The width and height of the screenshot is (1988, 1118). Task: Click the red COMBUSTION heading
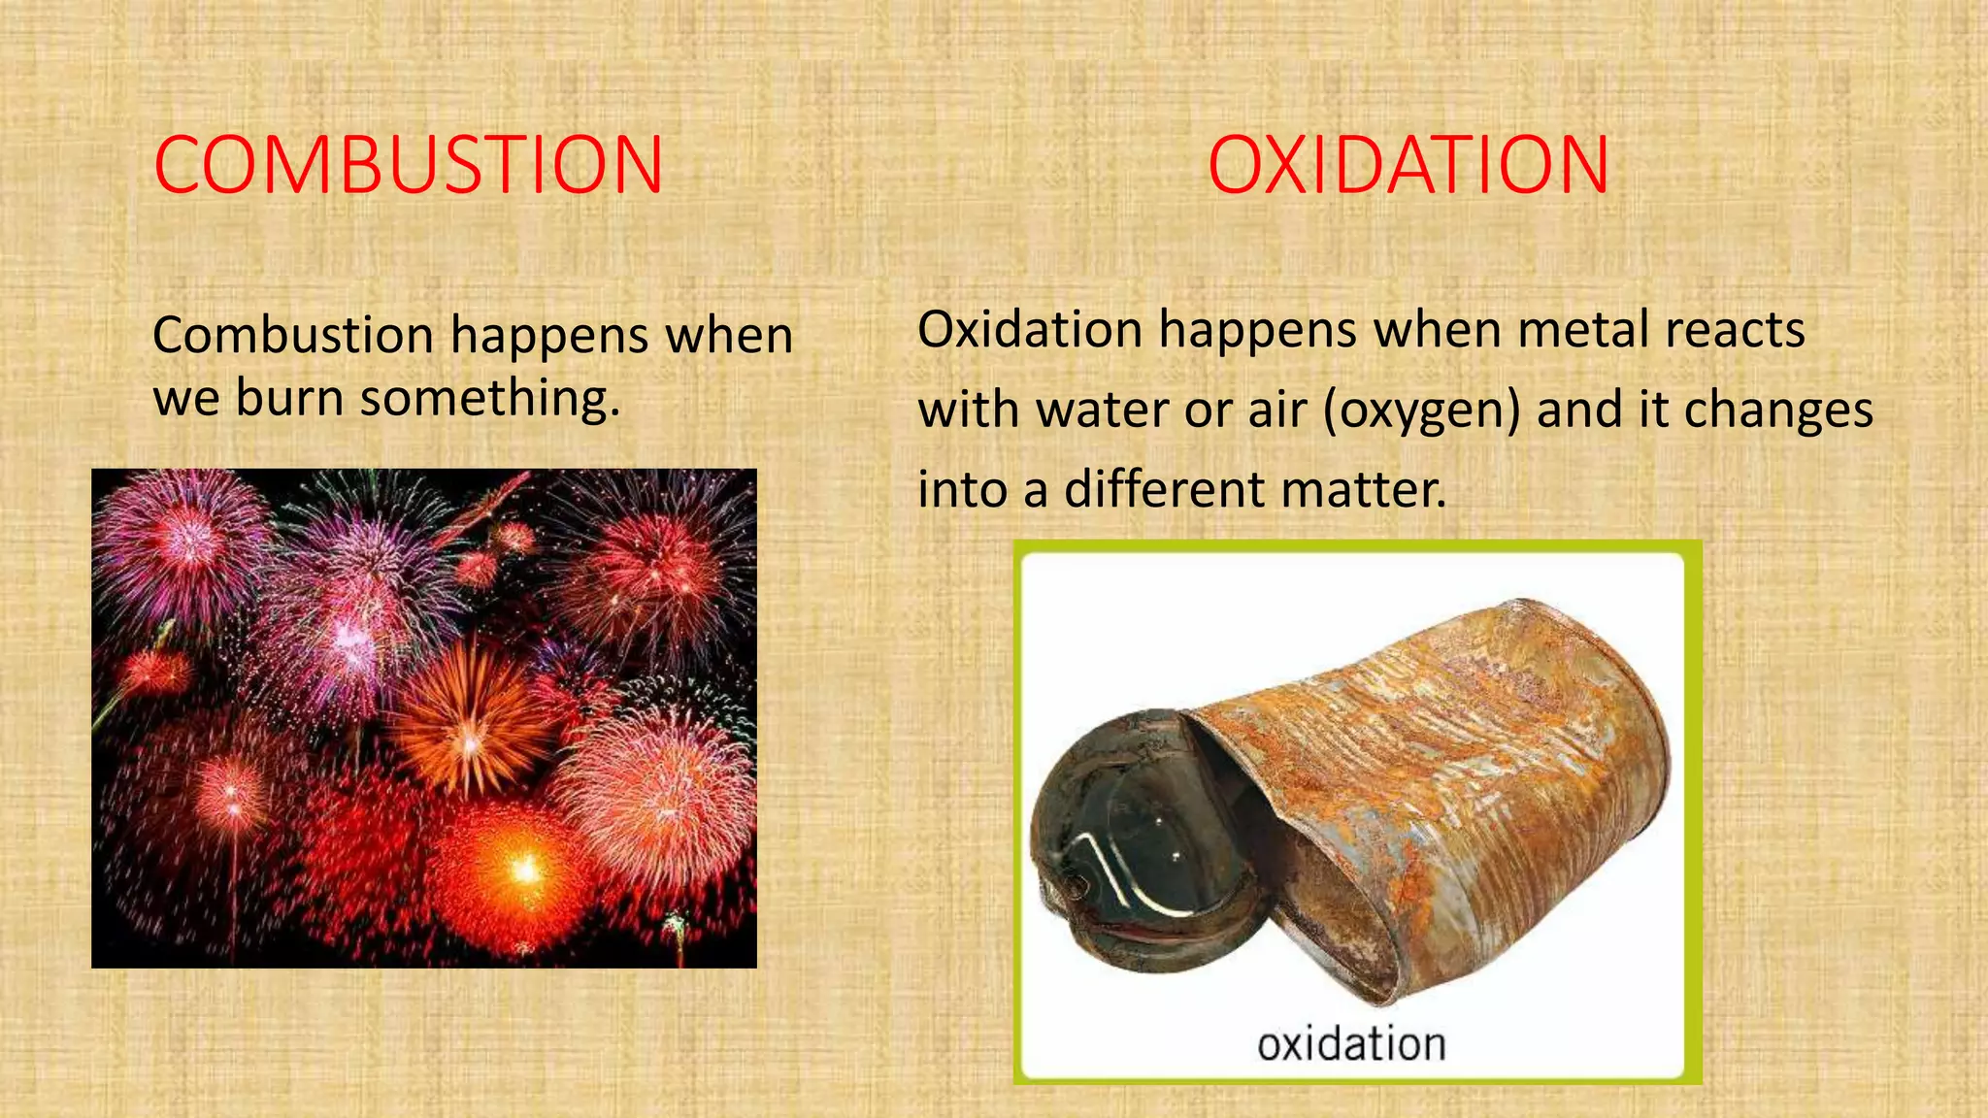409,165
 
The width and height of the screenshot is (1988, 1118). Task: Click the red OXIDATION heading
1408,165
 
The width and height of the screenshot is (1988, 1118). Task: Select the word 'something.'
490,398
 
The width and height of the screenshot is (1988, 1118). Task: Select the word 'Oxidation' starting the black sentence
1030,330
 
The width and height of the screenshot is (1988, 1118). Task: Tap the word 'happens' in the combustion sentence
549,336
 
